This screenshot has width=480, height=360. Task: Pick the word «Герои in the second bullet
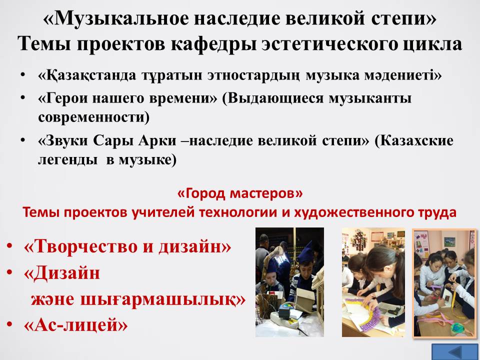click(x=63, y=99)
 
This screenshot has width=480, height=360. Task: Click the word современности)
click(x=93, y=117)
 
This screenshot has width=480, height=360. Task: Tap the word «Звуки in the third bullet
click(x=63, y=141)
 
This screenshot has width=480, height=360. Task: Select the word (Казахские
click(x=414, y=141)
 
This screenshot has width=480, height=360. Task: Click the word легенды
click(x=69, y=160)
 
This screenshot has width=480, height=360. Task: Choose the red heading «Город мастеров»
click(x=240, y=193)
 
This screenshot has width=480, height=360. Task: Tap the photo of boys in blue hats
click(x=289, y=282)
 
